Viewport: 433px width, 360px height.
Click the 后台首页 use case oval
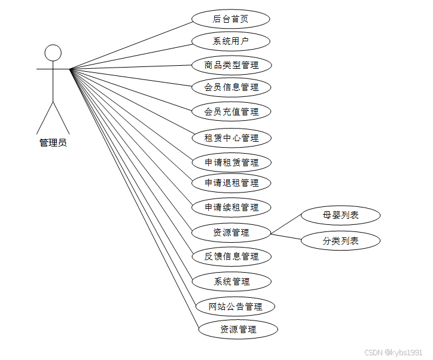click(x=231, y=19)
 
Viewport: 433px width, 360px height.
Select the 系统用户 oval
click(x=231, y=41)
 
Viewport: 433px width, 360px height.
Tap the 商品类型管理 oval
click(x=231, y=65)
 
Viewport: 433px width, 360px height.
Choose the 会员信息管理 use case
click(x=231, y=87)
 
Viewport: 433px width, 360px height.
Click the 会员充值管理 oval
click(x=231, y=111)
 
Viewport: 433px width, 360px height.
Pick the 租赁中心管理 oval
click(x=231, y=138)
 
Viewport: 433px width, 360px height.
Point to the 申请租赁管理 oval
click(x=231, y=162)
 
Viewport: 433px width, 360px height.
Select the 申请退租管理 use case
click(x=231, y=183)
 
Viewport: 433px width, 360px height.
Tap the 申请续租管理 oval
click(x=231, y=208)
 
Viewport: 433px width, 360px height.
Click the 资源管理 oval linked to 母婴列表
click(x=231, y=232)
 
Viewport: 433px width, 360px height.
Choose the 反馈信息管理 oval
click(x=231, y=257)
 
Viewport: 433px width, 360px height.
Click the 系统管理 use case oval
click(x=231, y=281)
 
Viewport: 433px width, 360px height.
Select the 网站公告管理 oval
click(x=236, y=307)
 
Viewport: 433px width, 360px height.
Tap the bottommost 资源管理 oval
click(x=238, y=329)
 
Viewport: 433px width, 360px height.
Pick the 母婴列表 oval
click(x=340, y=215)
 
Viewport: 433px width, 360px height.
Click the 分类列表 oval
click(x=340, y=241)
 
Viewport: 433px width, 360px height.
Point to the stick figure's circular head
click(x=53, y=53)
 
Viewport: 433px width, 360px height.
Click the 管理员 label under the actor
click(x=53, y=143)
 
